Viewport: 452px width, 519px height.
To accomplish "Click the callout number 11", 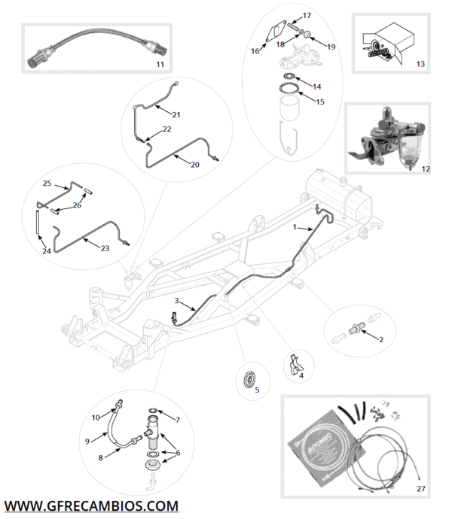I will [160, 65].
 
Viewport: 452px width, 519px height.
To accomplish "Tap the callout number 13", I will [420, 65].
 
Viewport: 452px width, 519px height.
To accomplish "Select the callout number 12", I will [426, 169].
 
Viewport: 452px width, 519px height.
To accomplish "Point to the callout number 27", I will [420, 488].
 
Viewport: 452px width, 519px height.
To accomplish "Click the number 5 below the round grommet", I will [256, 390].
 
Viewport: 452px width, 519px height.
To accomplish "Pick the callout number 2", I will [380, 340].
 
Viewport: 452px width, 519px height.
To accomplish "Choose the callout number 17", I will [307, 16].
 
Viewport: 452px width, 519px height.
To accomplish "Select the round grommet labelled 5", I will [247, 377].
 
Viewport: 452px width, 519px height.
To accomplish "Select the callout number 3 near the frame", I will [176, 301].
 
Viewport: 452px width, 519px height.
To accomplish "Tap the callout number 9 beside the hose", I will [87, 440].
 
